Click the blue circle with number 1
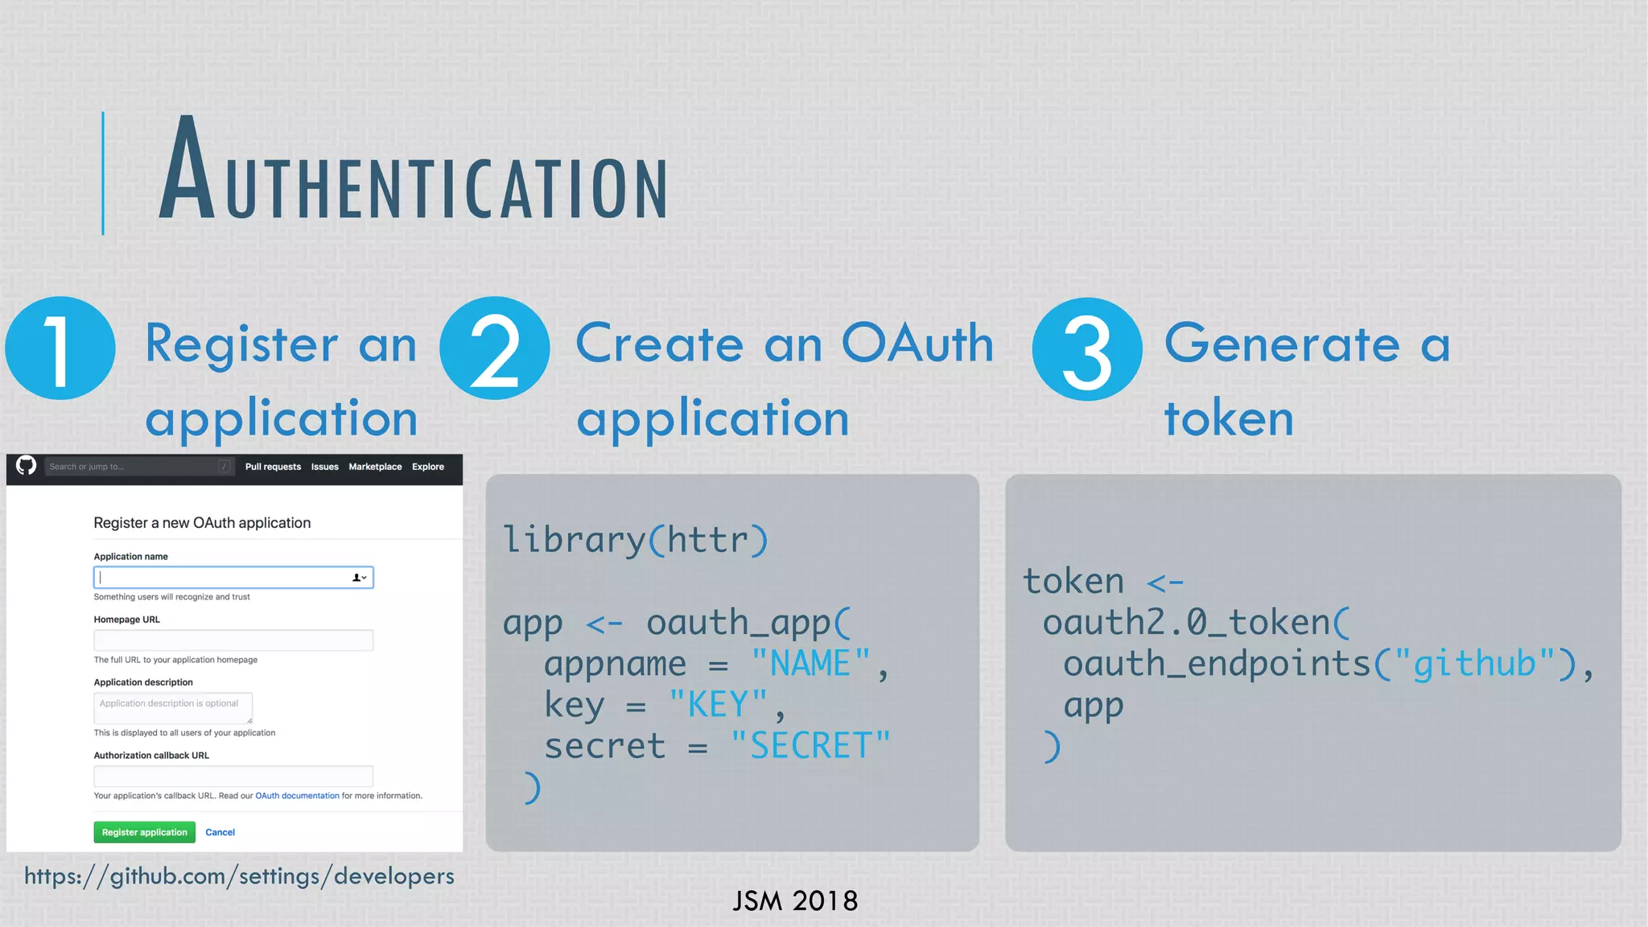coord(60,348)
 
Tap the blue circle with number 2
coord(495,348)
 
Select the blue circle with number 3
coord(1087,348)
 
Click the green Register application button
coord(144,832)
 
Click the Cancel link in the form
coord(220,832)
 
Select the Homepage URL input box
coord(233,641)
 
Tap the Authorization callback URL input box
coord(233,776)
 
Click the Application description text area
coord(173,707)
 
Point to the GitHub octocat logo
coord(26,466)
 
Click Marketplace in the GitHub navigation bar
coord(375,467)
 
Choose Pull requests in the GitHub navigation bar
coord(273,467)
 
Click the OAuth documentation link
coord(297,796)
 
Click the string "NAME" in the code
coord(810,664)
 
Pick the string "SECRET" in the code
coord(810,746)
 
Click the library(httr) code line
coord(636,539)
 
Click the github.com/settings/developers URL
coord(239,875)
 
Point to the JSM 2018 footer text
coord(795,900)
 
